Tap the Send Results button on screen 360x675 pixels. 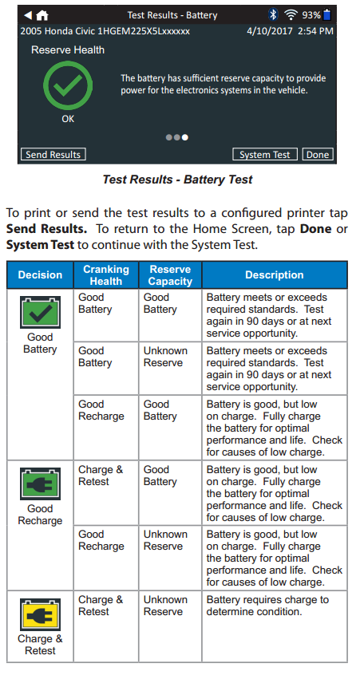53,155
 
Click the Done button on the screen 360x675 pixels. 318,155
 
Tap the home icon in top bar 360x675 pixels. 42,15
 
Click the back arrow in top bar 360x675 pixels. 28,15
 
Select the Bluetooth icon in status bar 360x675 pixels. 273,15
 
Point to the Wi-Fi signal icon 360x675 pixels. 291,15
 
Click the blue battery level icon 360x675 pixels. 326,14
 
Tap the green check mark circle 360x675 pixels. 68,85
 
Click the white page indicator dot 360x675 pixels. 184,137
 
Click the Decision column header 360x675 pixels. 40,275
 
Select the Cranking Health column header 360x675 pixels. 106,275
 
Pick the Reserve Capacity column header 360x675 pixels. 171,275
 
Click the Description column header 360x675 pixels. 275,275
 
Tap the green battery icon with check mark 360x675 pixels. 40,313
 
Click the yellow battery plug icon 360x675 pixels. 40,614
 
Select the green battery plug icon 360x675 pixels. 40,484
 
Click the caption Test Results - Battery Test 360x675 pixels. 177,179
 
